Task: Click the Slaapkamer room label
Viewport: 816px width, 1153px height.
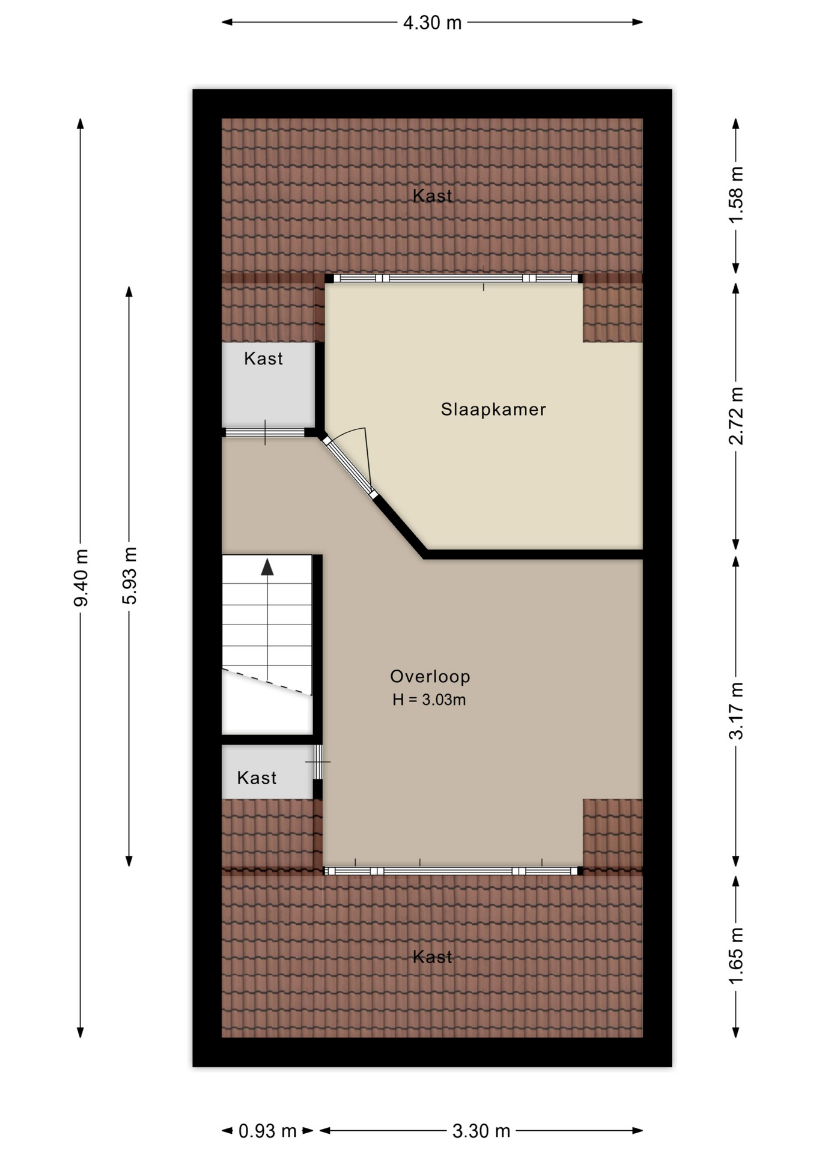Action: pos(493,410)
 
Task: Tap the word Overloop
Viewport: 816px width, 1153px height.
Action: pos(430,677)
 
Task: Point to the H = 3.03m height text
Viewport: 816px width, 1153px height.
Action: pos(429,700)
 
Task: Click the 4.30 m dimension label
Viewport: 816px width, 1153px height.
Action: pos(432,23)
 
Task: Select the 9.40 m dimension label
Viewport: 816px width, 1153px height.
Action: pos(81,577)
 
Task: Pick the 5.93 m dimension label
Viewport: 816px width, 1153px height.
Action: pos(130,575)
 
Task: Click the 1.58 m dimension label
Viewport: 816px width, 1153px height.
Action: pos(736,195)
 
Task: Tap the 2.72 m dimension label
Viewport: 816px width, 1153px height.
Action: pos(736,416)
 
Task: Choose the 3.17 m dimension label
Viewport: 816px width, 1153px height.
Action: pos(736,711)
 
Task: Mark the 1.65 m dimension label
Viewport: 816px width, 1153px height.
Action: pos(736,956)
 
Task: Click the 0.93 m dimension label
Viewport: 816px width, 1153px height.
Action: pos(267,1131)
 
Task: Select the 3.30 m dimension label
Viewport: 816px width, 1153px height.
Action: pos(481,1131)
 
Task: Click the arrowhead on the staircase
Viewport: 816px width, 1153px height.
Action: pos(267,567)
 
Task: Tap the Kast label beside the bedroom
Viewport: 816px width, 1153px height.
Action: pos(263,359)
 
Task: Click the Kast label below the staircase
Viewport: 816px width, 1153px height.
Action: pos(257,778)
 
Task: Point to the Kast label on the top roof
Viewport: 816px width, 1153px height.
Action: pos(432,196)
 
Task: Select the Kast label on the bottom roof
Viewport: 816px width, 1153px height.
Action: pos(432,957)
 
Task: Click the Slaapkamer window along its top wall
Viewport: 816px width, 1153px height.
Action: pos(454,279)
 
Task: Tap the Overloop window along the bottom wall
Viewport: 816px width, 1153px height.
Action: pos(452,871)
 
